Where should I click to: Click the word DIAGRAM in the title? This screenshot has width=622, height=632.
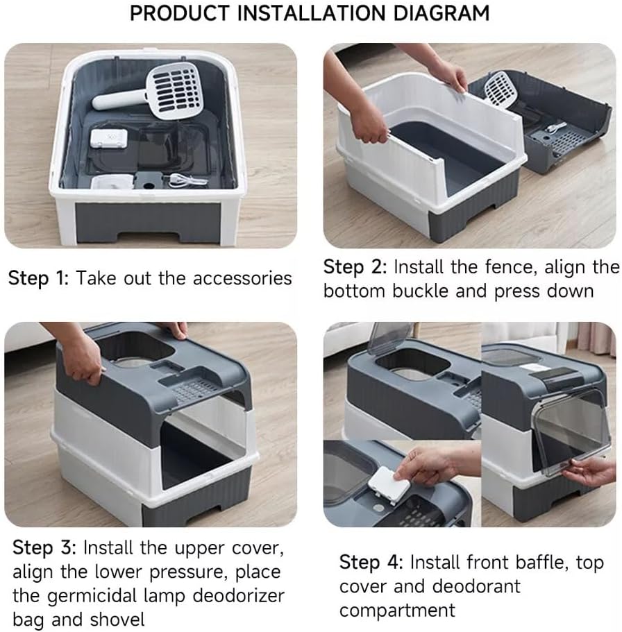tap(441, 13)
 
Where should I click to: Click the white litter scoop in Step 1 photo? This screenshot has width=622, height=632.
tap(150, 91)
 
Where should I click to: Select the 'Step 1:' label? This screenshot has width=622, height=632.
tap(38, 278)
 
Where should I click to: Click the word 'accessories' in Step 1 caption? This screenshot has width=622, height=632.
tap(242, 278)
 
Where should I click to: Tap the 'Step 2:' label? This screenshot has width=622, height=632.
tap(355, 267)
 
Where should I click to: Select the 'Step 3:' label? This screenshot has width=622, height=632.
tap(44, 548)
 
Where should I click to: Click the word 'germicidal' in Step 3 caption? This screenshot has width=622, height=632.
tap(92, 597)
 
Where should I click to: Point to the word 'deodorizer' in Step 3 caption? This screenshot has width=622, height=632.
tap(238, 596)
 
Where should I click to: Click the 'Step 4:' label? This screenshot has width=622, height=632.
tap(371, 563)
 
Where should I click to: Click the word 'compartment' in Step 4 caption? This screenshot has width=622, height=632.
tap(397, 610)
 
